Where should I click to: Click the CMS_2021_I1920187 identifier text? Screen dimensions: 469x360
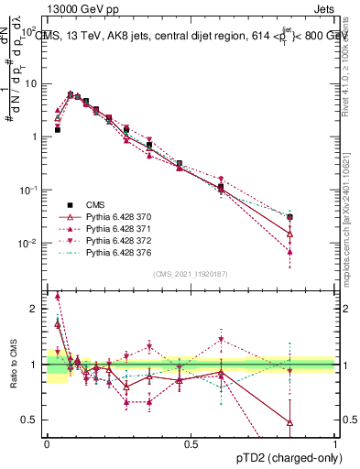[x=189, y=273]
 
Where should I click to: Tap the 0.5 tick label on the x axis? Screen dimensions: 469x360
[x=191, y=444]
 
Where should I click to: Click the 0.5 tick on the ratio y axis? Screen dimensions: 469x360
[x=32, y=420]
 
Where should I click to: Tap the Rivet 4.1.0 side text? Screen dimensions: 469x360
[x=352, y=64]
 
